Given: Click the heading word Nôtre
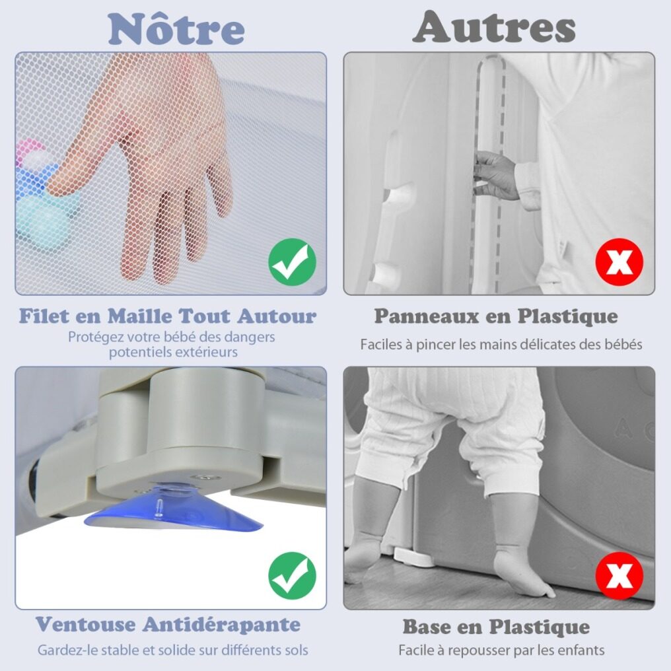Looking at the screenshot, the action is tap(176, 29).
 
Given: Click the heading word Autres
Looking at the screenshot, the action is tap(494, 27).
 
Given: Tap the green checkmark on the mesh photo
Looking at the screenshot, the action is tap(293, 262).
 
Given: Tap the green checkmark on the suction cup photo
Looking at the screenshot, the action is tap(293, 576).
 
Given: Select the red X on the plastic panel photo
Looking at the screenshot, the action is tap(619, 262).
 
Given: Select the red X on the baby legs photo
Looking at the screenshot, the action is tap(619, 576).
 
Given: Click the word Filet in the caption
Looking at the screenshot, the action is tap(44, 316).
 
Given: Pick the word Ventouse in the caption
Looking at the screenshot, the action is tap(85, 624).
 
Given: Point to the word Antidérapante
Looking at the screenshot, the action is tap(221, 624).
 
